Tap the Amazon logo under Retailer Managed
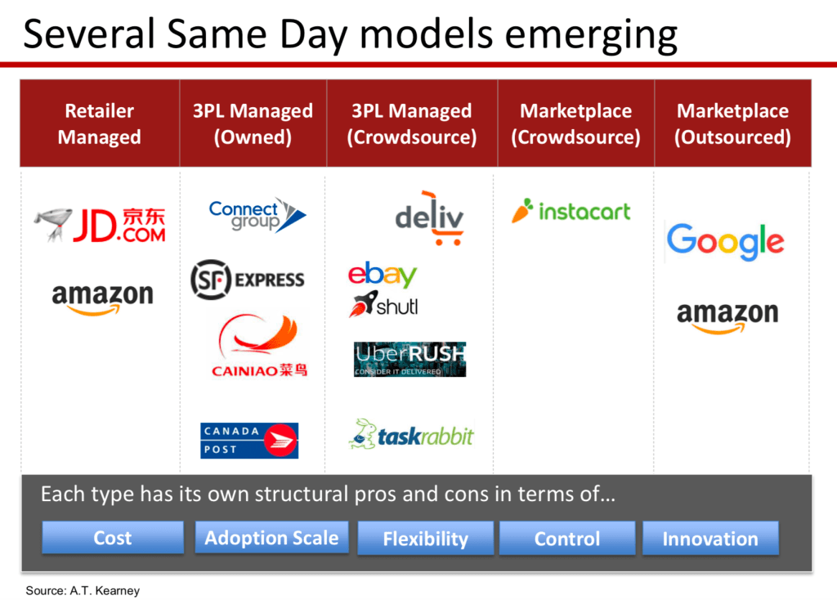[x=102, y=298]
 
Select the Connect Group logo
[x=257, y=215]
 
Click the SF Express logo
[x=248, y=280]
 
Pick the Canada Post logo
[x=249, y=441]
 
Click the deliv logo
[x=430, y=218]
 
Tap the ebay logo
[x=383, y=275]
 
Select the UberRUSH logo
[x=410, y=359]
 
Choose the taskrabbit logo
[x=411, y=435]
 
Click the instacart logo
[x=571, y=211]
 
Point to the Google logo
[x=725, y=241]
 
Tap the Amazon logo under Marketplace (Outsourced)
[x=727, y=317]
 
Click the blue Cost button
[x=113, y=538]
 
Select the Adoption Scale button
[x=271, y=538]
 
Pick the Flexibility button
[x=425, y=539]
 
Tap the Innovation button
[x=710, y=539]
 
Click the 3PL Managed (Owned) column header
[x=253, y=123]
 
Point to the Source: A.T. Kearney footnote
[x=83, y=590]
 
